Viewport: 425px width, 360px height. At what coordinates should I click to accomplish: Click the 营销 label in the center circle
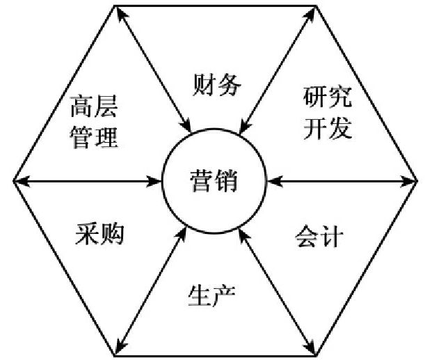tap(213, 182)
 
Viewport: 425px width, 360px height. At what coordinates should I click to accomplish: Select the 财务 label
tap(216, 86)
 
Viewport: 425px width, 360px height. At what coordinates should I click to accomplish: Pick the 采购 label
tap(99, 235)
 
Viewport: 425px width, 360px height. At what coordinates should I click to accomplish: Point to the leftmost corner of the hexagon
tap(13, 182)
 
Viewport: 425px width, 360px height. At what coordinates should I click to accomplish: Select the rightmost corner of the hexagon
tap(415, 182)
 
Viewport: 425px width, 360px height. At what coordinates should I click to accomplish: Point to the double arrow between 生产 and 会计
tap(274, 289)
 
